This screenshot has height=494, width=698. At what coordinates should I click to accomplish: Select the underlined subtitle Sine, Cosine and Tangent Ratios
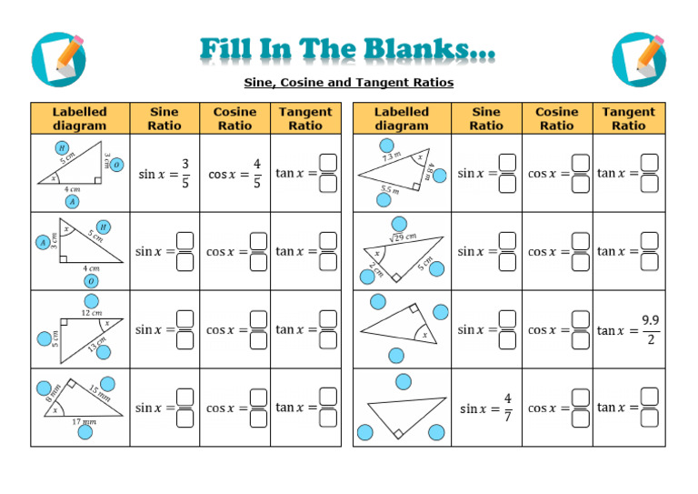point(349,83)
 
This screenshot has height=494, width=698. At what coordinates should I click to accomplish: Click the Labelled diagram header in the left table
point(80,119)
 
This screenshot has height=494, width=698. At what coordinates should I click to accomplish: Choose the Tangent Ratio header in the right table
point(628,119)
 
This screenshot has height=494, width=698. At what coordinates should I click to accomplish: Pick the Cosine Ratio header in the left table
point(234,119)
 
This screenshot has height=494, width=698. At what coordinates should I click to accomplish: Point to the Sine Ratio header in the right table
point(486,119)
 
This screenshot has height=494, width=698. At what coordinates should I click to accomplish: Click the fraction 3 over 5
point(184,173)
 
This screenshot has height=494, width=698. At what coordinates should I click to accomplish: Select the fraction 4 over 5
point(257,173)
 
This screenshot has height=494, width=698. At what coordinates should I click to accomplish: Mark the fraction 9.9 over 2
point(651,329)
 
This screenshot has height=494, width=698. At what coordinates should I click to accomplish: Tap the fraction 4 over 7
point(507,408)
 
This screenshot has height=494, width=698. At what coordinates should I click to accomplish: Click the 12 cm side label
point(91,313)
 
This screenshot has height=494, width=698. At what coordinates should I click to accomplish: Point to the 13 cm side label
point(97,343)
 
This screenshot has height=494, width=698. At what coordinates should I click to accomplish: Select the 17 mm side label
point(84,422)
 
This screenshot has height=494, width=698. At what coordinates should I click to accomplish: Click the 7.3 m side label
point(391,157)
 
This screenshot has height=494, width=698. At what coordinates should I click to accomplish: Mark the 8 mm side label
point(52,393)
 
